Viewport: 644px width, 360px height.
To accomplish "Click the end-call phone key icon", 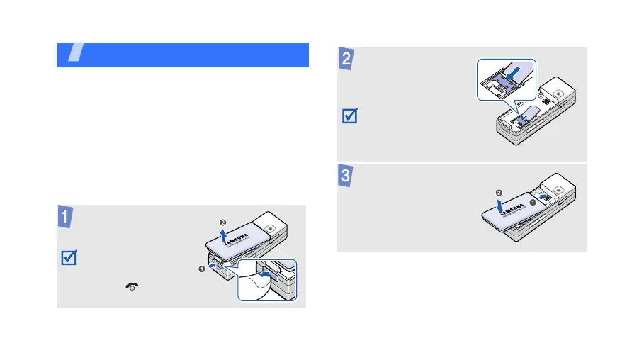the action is pos(132,286).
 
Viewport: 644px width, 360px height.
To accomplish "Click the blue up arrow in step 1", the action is pos(225,235).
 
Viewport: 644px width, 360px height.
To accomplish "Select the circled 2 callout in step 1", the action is pos(223,223).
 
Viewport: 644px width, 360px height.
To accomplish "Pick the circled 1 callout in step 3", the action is pos(533,203).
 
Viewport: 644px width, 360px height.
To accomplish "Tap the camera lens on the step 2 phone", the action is pos(558,93).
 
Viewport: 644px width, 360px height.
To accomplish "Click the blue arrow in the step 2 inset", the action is pos(517,72).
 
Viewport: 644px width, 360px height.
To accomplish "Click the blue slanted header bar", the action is pos(183,55).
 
